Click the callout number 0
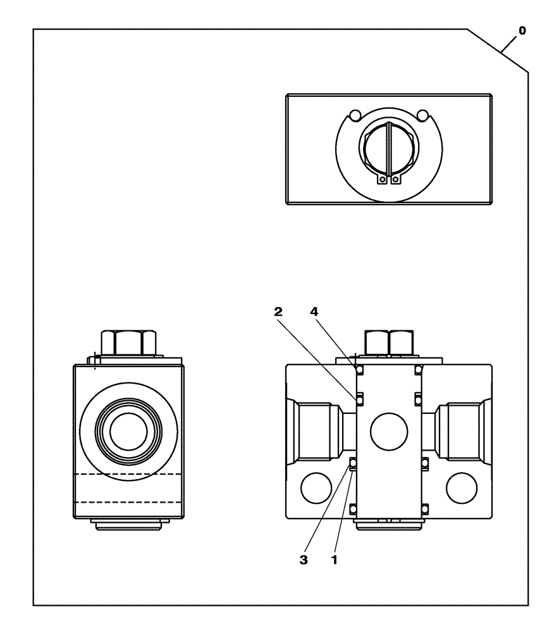tap(521, 30)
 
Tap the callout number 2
tap(279, 311)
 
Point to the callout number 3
tap(304, 560)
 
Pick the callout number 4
tap(314, 311)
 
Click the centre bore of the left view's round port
tap(129, 431)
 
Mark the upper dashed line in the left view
tap(129, 474)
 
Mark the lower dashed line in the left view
tap(129, 502)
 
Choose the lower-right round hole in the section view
tap(462, 489)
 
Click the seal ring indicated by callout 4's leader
tap(359, 370)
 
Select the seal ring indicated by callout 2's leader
tap(359, 398)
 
